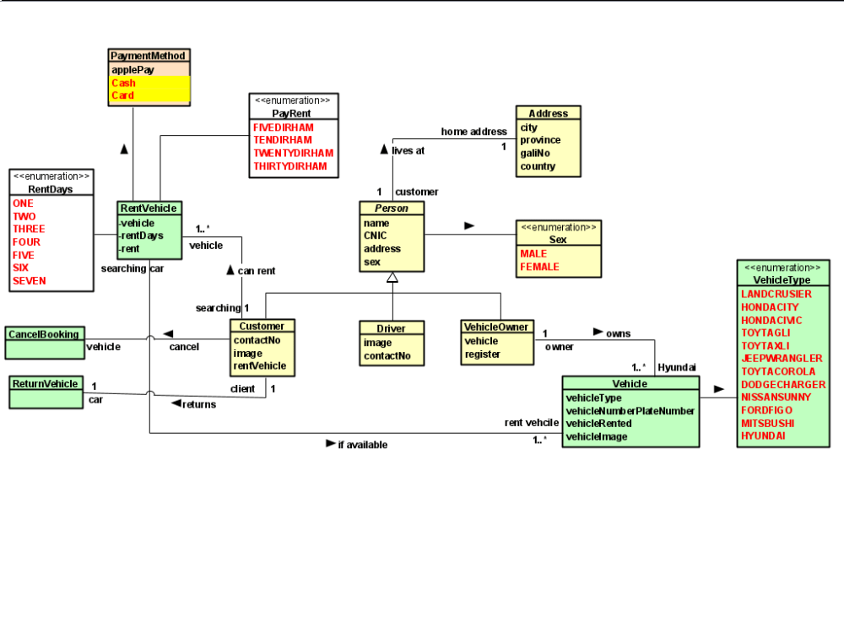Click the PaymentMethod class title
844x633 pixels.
click(x=149, y=56)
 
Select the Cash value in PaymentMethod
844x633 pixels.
click(x=123, y=83)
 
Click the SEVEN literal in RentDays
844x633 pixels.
click(x=30, y=280)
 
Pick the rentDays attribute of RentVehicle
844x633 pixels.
click(x=142, y=235)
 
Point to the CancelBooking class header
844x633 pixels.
click(x=44, y=334)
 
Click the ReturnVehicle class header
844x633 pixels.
click(x=45, y=383)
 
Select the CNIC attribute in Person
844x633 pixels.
click(x=376, y=235)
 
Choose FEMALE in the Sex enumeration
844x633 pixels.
click(x=540, y=267)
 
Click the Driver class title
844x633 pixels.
click(x=391, y=328)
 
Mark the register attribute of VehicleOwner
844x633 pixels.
click(x=483, y=354)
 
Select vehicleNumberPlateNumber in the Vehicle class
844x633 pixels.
click(x=630, y=410)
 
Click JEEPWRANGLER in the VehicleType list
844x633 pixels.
click(x=782, y=358)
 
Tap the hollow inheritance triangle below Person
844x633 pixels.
click(x=392, y=277)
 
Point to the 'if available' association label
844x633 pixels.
click(x=362, y=445)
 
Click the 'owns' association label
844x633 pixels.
click(x=618, y=333)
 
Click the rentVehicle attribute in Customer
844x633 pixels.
click(x=260, y=365)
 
